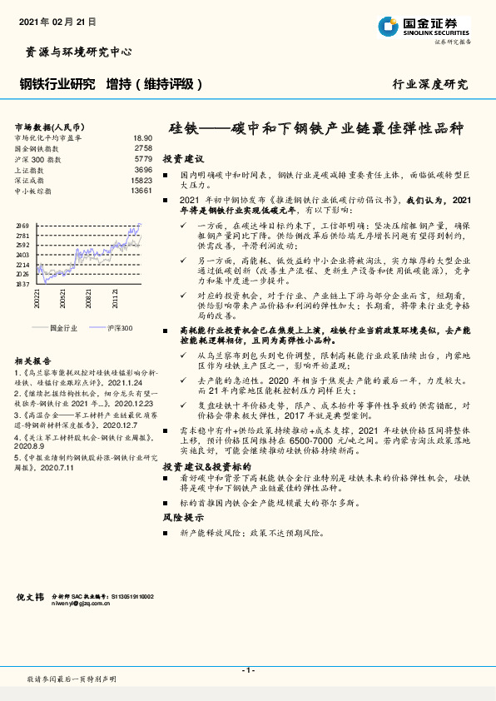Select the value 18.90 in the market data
click(x=143, y=137)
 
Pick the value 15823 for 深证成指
click(x=141, y=180)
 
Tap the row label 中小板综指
click(x=33, y=191)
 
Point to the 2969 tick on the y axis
click(x=22, y=226)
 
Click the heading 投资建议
click(x=183, y=158)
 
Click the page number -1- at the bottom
click(x=247, y=670)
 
